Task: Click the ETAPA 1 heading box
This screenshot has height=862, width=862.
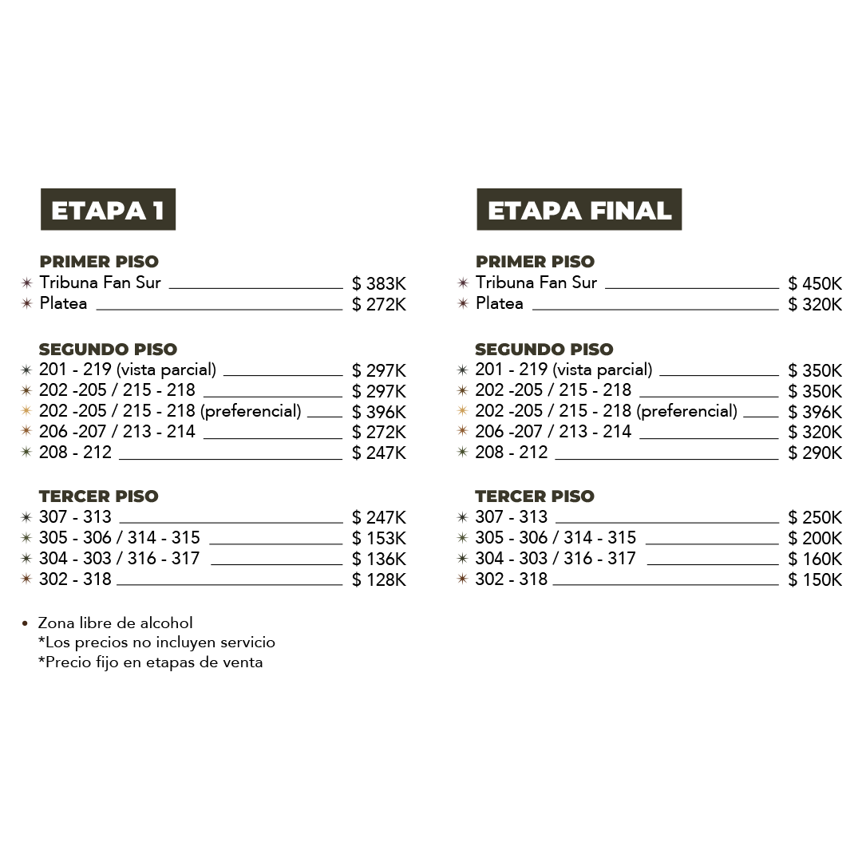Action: pos(108,210)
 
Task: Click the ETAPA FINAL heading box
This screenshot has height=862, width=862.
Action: pos(579,210)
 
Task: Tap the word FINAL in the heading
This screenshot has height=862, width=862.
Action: pos(631,211)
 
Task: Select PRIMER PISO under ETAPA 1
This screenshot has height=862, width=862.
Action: pos(99,262)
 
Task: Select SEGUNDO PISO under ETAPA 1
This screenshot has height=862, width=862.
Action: pos(108,350)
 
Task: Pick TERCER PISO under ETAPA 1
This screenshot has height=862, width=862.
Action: pos(99,496)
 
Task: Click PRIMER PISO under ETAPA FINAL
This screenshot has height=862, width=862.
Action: pos(535,262)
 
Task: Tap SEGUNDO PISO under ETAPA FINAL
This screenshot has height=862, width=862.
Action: pos(544,350)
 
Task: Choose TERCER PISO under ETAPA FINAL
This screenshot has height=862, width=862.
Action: pos(535,496)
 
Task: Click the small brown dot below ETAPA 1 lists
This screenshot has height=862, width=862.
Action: pos(25,623)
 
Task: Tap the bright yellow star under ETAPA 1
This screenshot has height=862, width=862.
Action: pos(26,411)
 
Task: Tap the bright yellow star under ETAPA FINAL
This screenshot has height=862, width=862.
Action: pos(462,411)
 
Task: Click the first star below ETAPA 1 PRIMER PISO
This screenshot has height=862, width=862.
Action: pos(26,283)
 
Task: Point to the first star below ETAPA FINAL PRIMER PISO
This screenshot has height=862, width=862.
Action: pos(463,283)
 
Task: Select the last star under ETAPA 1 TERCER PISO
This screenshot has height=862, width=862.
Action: pos(26,579)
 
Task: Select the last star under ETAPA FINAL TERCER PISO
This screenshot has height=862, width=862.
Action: pos(462,579)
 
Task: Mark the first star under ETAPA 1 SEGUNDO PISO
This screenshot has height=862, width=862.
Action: pos(26,370)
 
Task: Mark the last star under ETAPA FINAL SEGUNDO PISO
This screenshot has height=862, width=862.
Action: pos(462,452)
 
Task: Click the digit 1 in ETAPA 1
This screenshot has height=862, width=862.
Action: pos(158,211)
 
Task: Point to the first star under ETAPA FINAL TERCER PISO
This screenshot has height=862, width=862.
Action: pos(462,517)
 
